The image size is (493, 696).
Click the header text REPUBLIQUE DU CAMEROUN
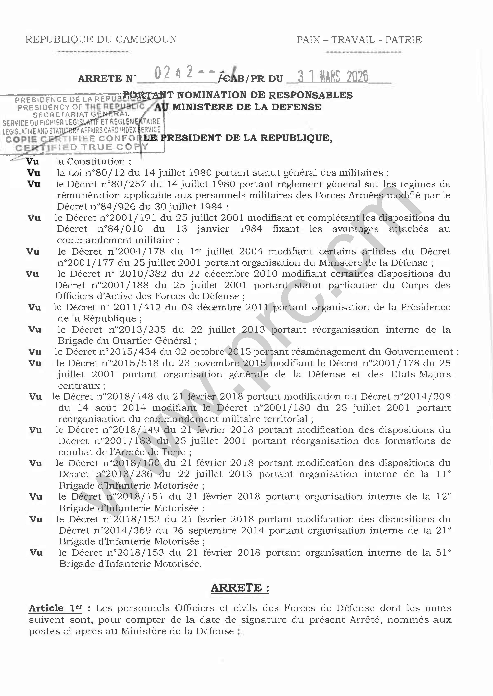click(x=101, y=39)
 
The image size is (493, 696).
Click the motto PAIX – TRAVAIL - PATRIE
click(x=359, y=40)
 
